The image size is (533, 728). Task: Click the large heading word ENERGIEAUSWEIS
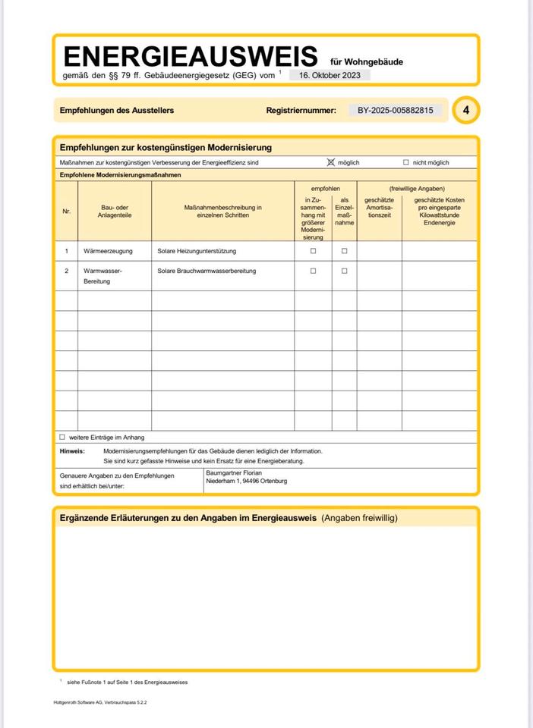point(190,56)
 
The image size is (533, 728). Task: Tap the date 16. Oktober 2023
point(330,75)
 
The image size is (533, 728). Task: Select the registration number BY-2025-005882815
point(395,110)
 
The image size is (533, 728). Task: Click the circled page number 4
point(466,111)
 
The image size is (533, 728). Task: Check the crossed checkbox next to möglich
point(330,162)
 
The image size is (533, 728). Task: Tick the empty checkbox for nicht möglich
point(406,162)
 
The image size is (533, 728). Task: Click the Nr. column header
point(66,212)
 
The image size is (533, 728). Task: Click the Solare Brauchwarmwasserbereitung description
point(207,271)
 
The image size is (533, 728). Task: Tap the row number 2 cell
point(66,271)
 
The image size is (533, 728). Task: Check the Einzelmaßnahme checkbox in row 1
point(344,250)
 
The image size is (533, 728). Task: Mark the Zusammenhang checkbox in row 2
point(313,271)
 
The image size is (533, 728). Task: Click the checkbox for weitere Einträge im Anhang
point(62,437)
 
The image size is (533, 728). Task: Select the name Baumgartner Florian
point(234,472)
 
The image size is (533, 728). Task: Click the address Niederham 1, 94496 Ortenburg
point(247,481)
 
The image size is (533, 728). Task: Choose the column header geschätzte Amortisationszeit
point(379,208)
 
